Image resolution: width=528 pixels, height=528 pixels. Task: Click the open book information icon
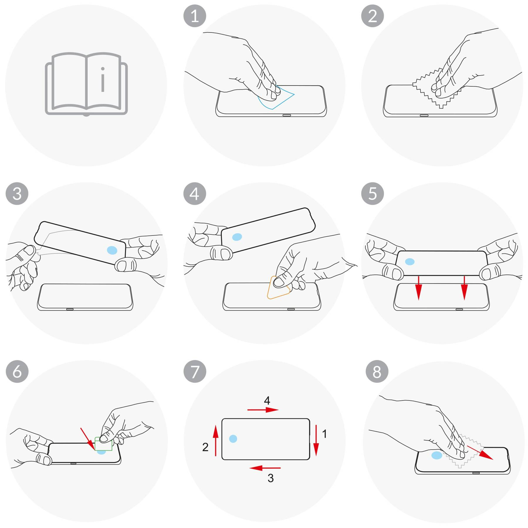(x=86, y=84)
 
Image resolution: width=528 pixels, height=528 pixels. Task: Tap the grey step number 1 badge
(x=195, y=16)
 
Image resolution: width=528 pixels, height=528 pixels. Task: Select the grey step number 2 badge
(x=373, y=16)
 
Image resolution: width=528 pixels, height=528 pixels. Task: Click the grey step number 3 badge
(x=17, y=194)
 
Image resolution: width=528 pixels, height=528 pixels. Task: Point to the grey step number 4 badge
(x=195, y=194)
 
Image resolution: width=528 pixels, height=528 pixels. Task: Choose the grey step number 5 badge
(x=373, y=194)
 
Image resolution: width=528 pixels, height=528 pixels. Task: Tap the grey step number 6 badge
(x=17, y=371)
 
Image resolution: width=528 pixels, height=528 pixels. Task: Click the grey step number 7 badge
(x=195, y=371)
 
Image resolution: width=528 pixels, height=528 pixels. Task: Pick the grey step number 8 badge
(x=377, y=371)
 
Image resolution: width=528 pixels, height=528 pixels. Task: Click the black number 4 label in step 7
(x=267, y=400)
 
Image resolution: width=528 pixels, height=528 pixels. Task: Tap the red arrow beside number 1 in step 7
(x=316, y=440)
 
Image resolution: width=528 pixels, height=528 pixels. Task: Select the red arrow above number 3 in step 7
(x=265, y=468)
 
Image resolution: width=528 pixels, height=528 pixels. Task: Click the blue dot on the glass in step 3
(x=112, y=250)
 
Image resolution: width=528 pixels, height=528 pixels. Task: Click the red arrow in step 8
(x=480, y=453)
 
